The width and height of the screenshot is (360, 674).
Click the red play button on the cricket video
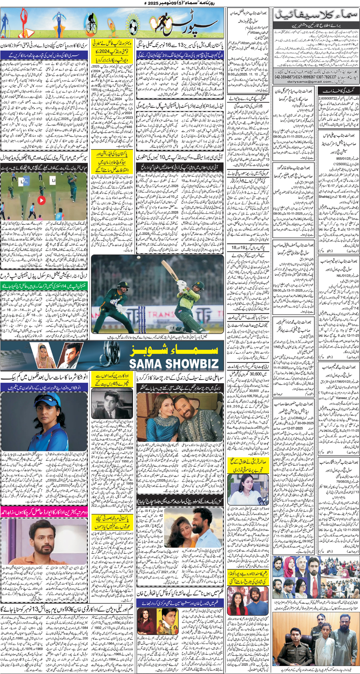click(41, 200)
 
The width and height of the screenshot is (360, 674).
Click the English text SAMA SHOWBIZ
click(174, 364)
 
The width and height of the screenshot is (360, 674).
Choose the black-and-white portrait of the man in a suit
click(111, 404)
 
